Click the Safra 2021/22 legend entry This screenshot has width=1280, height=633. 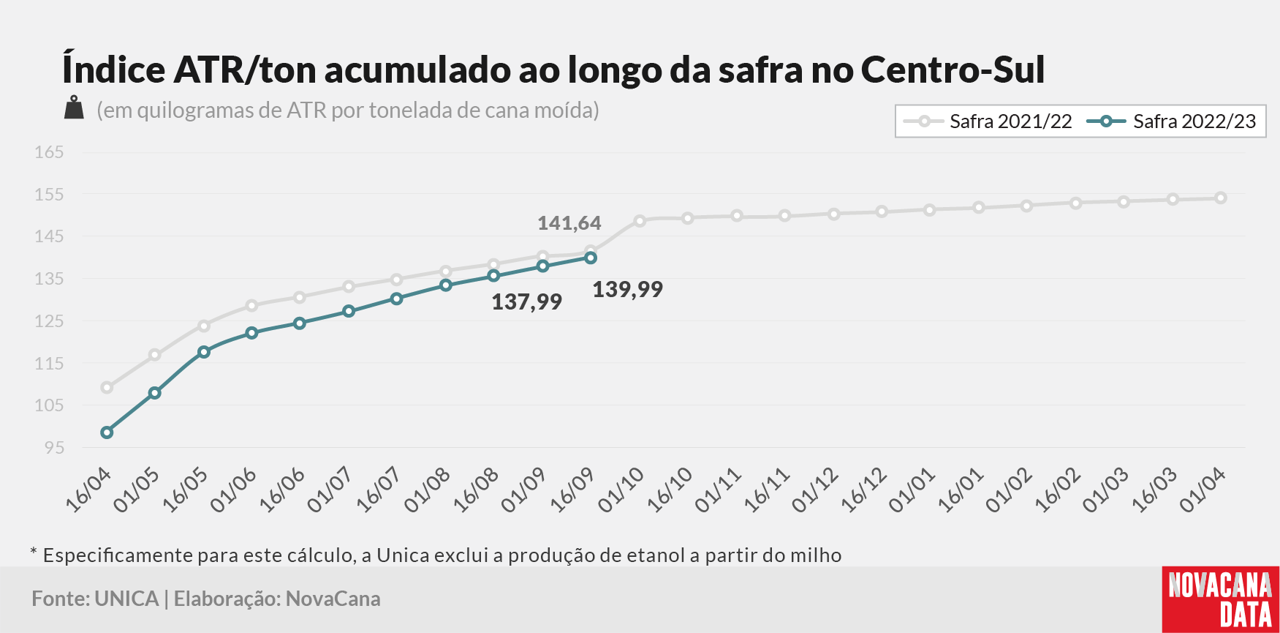pos(988,121)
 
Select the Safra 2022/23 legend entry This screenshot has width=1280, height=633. pos(1171,121)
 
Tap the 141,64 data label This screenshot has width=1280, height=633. pos(569,223)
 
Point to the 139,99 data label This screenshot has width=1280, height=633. pos(627,290)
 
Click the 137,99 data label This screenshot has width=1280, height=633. pos(526,302)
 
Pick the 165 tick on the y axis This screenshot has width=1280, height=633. pos(49,152)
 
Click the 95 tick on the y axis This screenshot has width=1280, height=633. pos(54,447)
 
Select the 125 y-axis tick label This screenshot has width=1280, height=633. pos(49,321)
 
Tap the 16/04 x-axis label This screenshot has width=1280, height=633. pos(89,490)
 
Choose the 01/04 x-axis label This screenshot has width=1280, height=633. pos(1203,490)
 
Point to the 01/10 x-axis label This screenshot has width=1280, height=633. pos(621,490)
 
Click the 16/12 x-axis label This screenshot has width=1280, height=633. pos(864,490)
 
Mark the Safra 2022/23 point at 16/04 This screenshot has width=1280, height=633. pos(107,432)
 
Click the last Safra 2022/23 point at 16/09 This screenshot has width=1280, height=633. pos(591,258)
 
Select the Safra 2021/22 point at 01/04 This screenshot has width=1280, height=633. pos(1221,198)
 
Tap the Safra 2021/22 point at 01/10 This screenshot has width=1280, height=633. pos(640,220)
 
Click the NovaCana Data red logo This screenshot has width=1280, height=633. pos(1221,599)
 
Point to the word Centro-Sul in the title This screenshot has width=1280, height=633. pos(953,70)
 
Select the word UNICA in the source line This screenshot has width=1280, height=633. pos(126,599)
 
